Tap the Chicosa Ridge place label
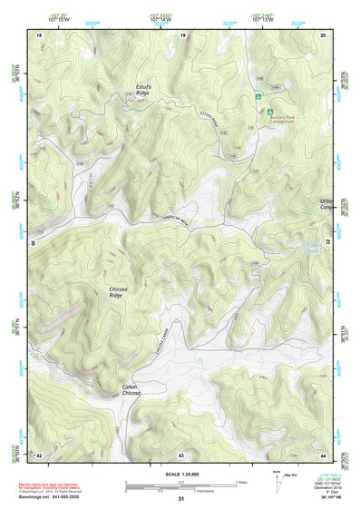pos(116,292)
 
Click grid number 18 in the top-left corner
pos(38,34)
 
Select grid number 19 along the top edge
pos(182,34)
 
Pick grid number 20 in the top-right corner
pos(324,34)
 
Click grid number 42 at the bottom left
pos(38,454)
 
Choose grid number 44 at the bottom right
pos(324,454)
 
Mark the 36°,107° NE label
pos(324,498)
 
